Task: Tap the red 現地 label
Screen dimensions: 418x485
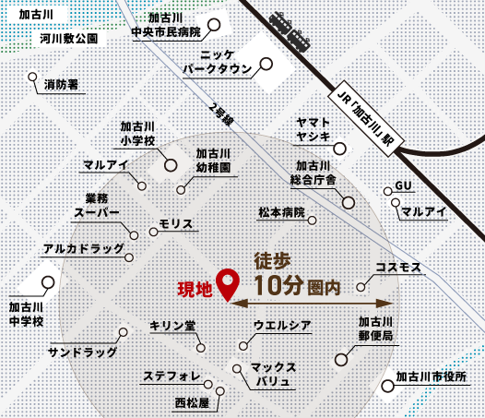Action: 195,289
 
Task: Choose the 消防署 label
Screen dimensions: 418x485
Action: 61,85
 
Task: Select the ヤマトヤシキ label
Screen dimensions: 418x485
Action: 313,129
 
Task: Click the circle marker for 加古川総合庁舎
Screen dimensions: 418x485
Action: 348,203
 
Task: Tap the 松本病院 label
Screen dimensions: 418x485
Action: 280,213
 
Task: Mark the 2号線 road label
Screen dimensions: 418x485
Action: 222,114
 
